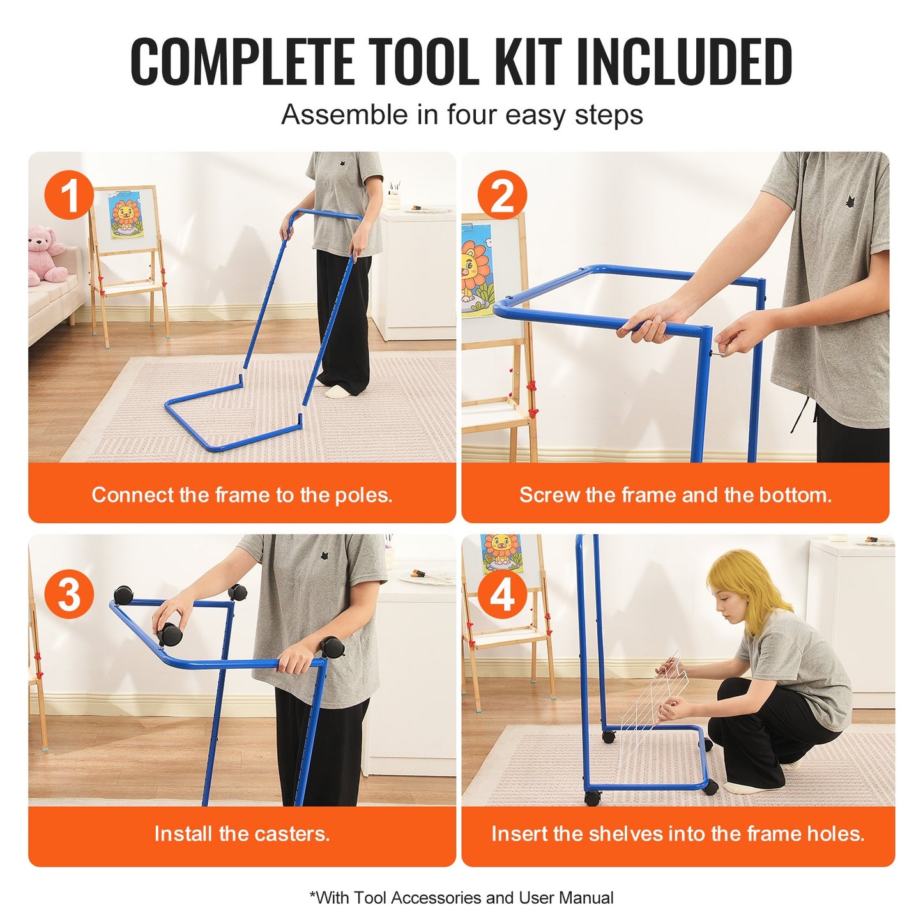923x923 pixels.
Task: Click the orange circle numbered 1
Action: click(69, 195)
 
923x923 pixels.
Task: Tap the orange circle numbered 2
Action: click(502, 195)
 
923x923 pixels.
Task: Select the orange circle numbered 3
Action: click(69, 594)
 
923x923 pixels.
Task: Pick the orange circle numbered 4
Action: click(502, 594)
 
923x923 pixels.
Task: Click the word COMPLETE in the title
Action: click(243, 62)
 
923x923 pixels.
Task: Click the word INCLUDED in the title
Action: click(683, 62)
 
